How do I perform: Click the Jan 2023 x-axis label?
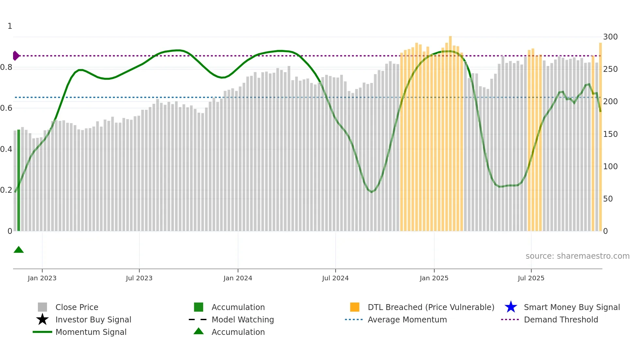(42, 278)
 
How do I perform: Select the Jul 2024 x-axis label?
(335, 278)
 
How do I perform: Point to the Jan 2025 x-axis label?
(434, 278)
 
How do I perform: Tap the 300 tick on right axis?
(610, 37)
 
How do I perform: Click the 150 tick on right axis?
(610, 134)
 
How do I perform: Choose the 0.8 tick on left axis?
(6, 67)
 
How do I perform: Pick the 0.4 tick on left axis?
(6, 149)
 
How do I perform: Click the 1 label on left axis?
(10, 26)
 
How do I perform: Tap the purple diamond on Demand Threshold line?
(16, 56)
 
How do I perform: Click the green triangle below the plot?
(19, 250)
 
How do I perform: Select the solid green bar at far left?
(19, 180)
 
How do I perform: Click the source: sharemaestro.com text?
(577, 256)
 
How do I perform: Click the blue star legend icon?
(511, 307)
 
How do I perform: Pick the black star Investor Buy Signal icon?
(42, 319)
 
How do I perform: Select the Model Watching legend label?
(243, 319)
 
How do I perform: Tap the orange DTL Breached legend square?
(355, 307)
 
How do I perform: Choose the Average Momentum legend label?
(407, 319)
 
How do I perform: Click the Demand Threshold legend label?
(561, 319)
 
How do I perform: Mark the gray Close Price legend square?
(42, 307)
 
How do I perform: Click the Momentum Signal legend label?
(91, 332)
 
